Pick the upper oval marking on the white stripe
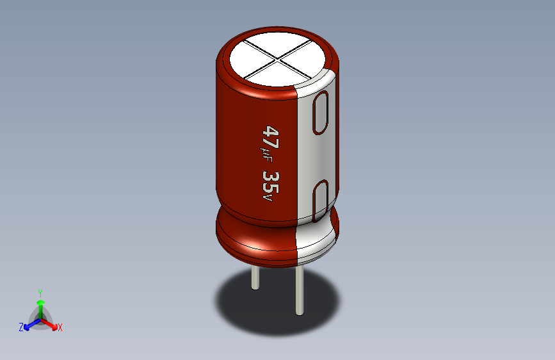321,113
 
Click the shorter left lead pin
255,277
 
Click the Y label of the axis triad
40,291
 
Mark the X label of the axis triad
60,328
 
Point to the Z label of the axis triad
21,327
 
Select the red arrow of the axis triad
51,322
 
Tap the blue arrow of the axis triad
29,323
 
